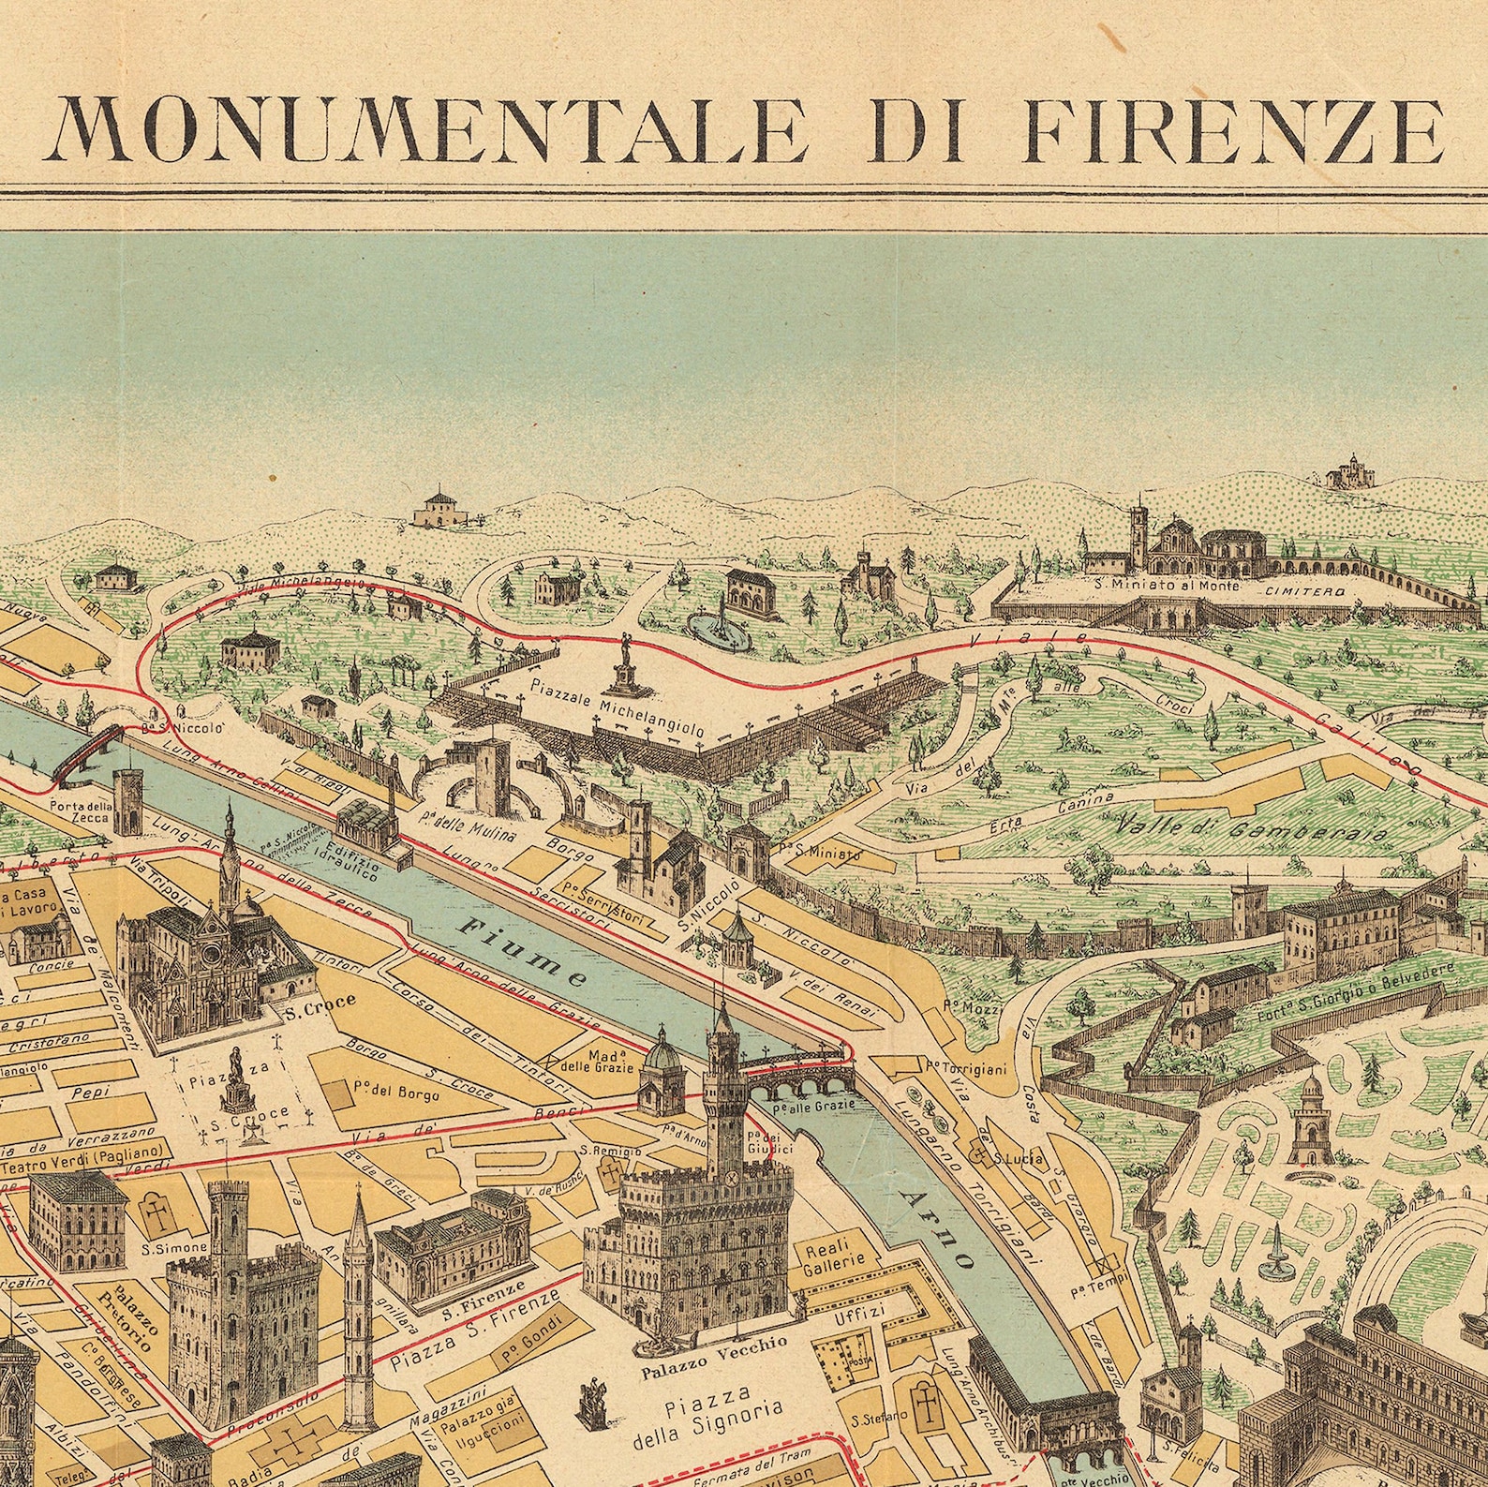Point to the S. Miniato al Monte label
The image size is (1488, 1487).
pos(1167,587)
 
